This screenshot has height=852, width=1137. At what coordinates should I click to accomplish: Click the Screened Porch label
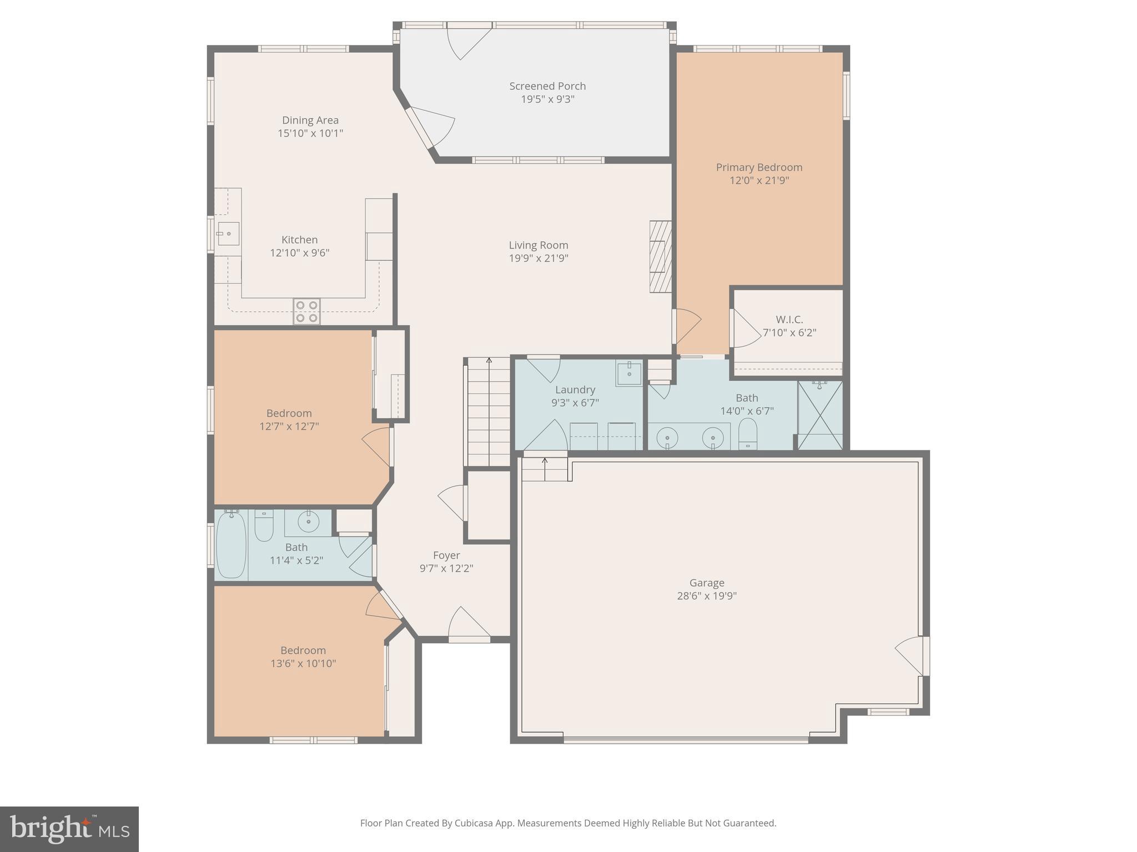tap(547, 86)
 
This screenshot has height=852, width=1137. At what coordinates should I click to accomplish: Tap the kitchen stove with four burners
tap(307, 311)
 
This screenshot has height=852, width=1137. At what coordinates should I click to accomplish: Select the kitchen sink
tap(228, 234)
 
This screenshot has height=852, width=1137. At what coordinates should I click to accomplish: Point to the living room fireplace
tap(661, 256)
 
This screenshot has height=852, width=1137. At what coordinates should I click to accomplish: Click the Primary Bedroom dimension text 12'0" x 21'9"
tap(759, 180)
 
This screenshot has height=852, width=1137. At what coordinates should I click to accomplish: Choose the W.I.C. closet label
tap(789, 319)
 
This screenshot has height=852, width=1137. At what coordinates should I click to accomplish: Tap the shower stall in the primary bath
tap(820, 414)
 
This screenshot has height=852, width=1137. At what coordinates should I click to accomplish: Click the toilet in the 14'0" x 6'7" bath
tap(748, 434)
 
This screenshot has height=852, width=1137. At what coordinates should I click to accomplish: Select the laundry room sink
tap(629, 373)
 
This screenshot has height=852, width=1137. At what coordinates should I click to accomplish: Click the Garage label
tap(707, 582)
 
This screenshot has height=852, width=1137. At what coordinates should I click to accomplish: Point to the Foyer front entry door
tap(469, 625)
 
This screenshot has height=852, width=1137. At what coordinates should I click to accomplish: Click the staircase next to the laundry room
tap(487, 412)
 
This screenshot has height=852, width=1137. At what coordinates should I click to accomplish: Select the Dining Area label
tap(310, 120)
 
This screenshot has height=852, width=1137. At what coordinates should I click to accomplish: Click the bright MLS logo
tap(69, 829)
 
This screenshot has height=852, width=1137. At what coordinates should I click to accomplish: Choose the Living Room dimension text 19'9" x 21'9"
tap(539, 258)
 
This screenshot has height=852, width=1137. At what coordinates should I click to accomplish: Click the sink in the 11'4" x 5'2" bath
tap(308, 522)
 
